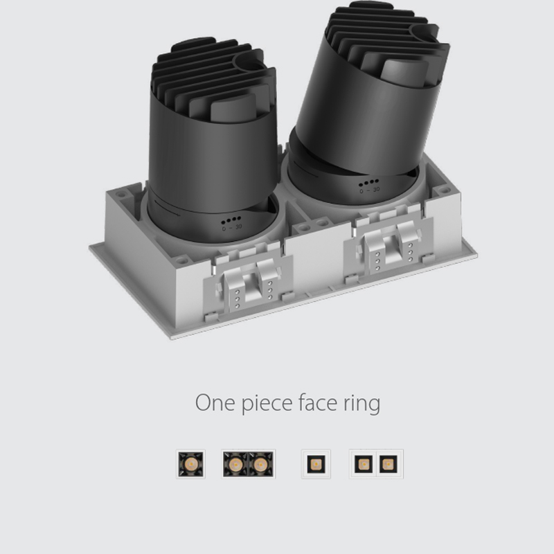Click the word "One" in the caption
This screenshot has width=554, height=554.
213,402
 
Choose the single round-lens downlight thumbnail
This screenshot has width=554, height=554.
191,463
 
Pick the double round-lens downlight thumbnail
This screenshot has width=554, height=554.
248,463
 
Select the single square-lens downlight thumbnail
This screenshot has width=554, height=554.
316,463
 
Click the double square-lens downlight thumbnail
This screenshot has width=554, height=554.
376,463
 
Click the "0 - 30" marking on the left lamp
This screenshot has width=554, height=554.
232,227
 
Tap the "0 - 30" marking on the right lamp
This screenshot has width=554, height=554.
369,189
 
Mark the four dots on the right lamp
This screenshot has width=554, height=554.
368,183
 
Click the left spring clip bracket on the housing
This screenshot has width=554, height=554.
250,280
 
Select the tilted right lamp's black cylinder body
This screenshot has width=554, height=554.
360,111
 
